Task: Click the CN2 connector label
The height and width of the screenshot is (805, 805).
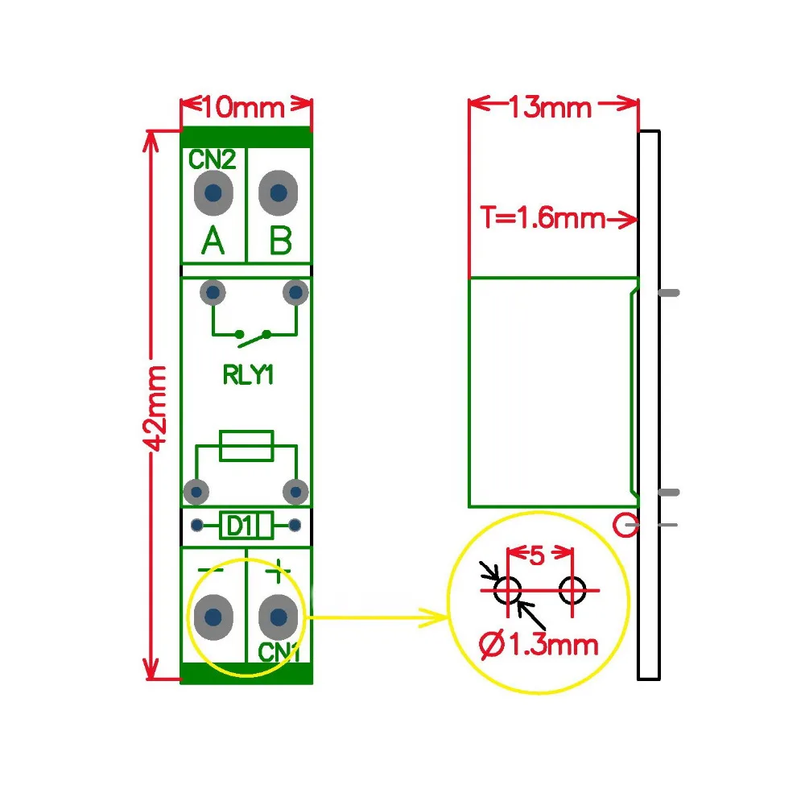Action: click(x=213, y=160)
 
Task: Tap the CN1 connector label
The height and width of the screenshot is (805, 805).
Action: click(x=279, y=653)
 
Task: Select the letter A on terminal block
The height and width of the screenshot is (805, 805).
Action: click(x=213, y=241)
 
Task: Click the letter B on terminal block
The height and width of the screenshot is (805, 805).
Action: click(x=279, y=241)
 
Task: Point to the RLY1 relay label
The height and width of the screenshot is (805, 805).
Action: click(x=246, y=374)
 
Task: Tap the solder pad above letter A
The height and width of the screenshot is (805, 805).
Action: click(x=213, y=193)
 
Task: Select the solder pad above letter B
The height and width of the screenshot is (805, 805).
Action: click(x=279, y=193)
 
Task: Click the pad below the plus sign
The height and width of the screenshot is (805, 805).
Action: click(x=279, y=617)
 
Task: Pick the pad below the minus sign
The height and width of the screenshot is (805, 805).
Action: click(x=213, y=617)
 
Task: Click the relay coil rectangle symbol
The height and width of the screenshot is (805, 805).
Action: click(x=246, y=445)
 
